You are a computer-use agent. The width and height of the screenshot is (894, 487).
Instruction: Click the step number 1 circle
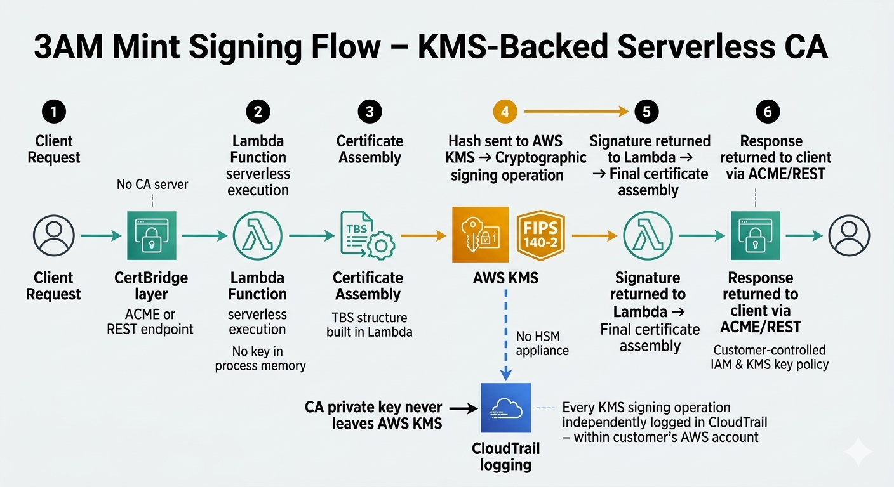tap(54, 112)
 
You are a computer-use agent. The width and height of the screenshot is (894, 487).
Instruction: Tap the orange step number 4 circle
tap(505, 112)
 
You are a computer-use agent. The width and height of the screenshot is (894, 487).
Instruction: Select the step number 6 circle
tap(768, 112)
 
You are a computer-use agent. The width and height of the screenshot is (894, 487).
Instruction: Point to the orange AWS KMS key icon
tap(480, 235)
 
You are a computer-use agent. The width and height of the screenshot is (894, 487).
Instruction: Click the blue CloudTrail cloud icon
tap(506, 408)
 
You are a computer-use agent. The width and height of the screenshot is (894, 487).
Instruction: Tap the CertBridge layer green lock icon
tap(152, 236)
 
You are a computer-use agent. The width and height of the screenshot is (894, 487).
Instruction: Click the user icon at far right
tap(849, 236)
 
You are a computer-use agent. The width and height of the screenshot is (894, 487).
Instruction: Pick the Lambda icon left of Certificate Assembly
tap(258, 236)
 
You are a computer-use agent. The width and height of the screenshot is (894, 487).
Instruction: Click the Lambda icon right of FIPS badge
tap(648, 236)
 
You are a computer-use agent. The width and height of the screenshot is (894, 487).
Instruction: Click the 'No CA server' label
tap(152, 185)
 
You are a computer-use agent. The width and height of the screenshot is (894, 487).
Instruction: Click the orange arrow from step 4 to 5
tap(575, 112)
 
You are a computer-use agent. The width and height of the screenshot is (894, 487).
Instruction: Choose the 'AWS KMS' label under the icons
tap(506, 278)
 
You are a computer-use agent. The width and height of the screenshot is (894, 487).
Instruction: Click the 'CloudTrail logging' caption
tap(506, 457)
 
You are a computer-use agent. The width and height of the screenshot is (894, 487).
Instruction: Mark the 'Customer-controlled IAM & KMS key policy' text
tap(770, 357)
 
